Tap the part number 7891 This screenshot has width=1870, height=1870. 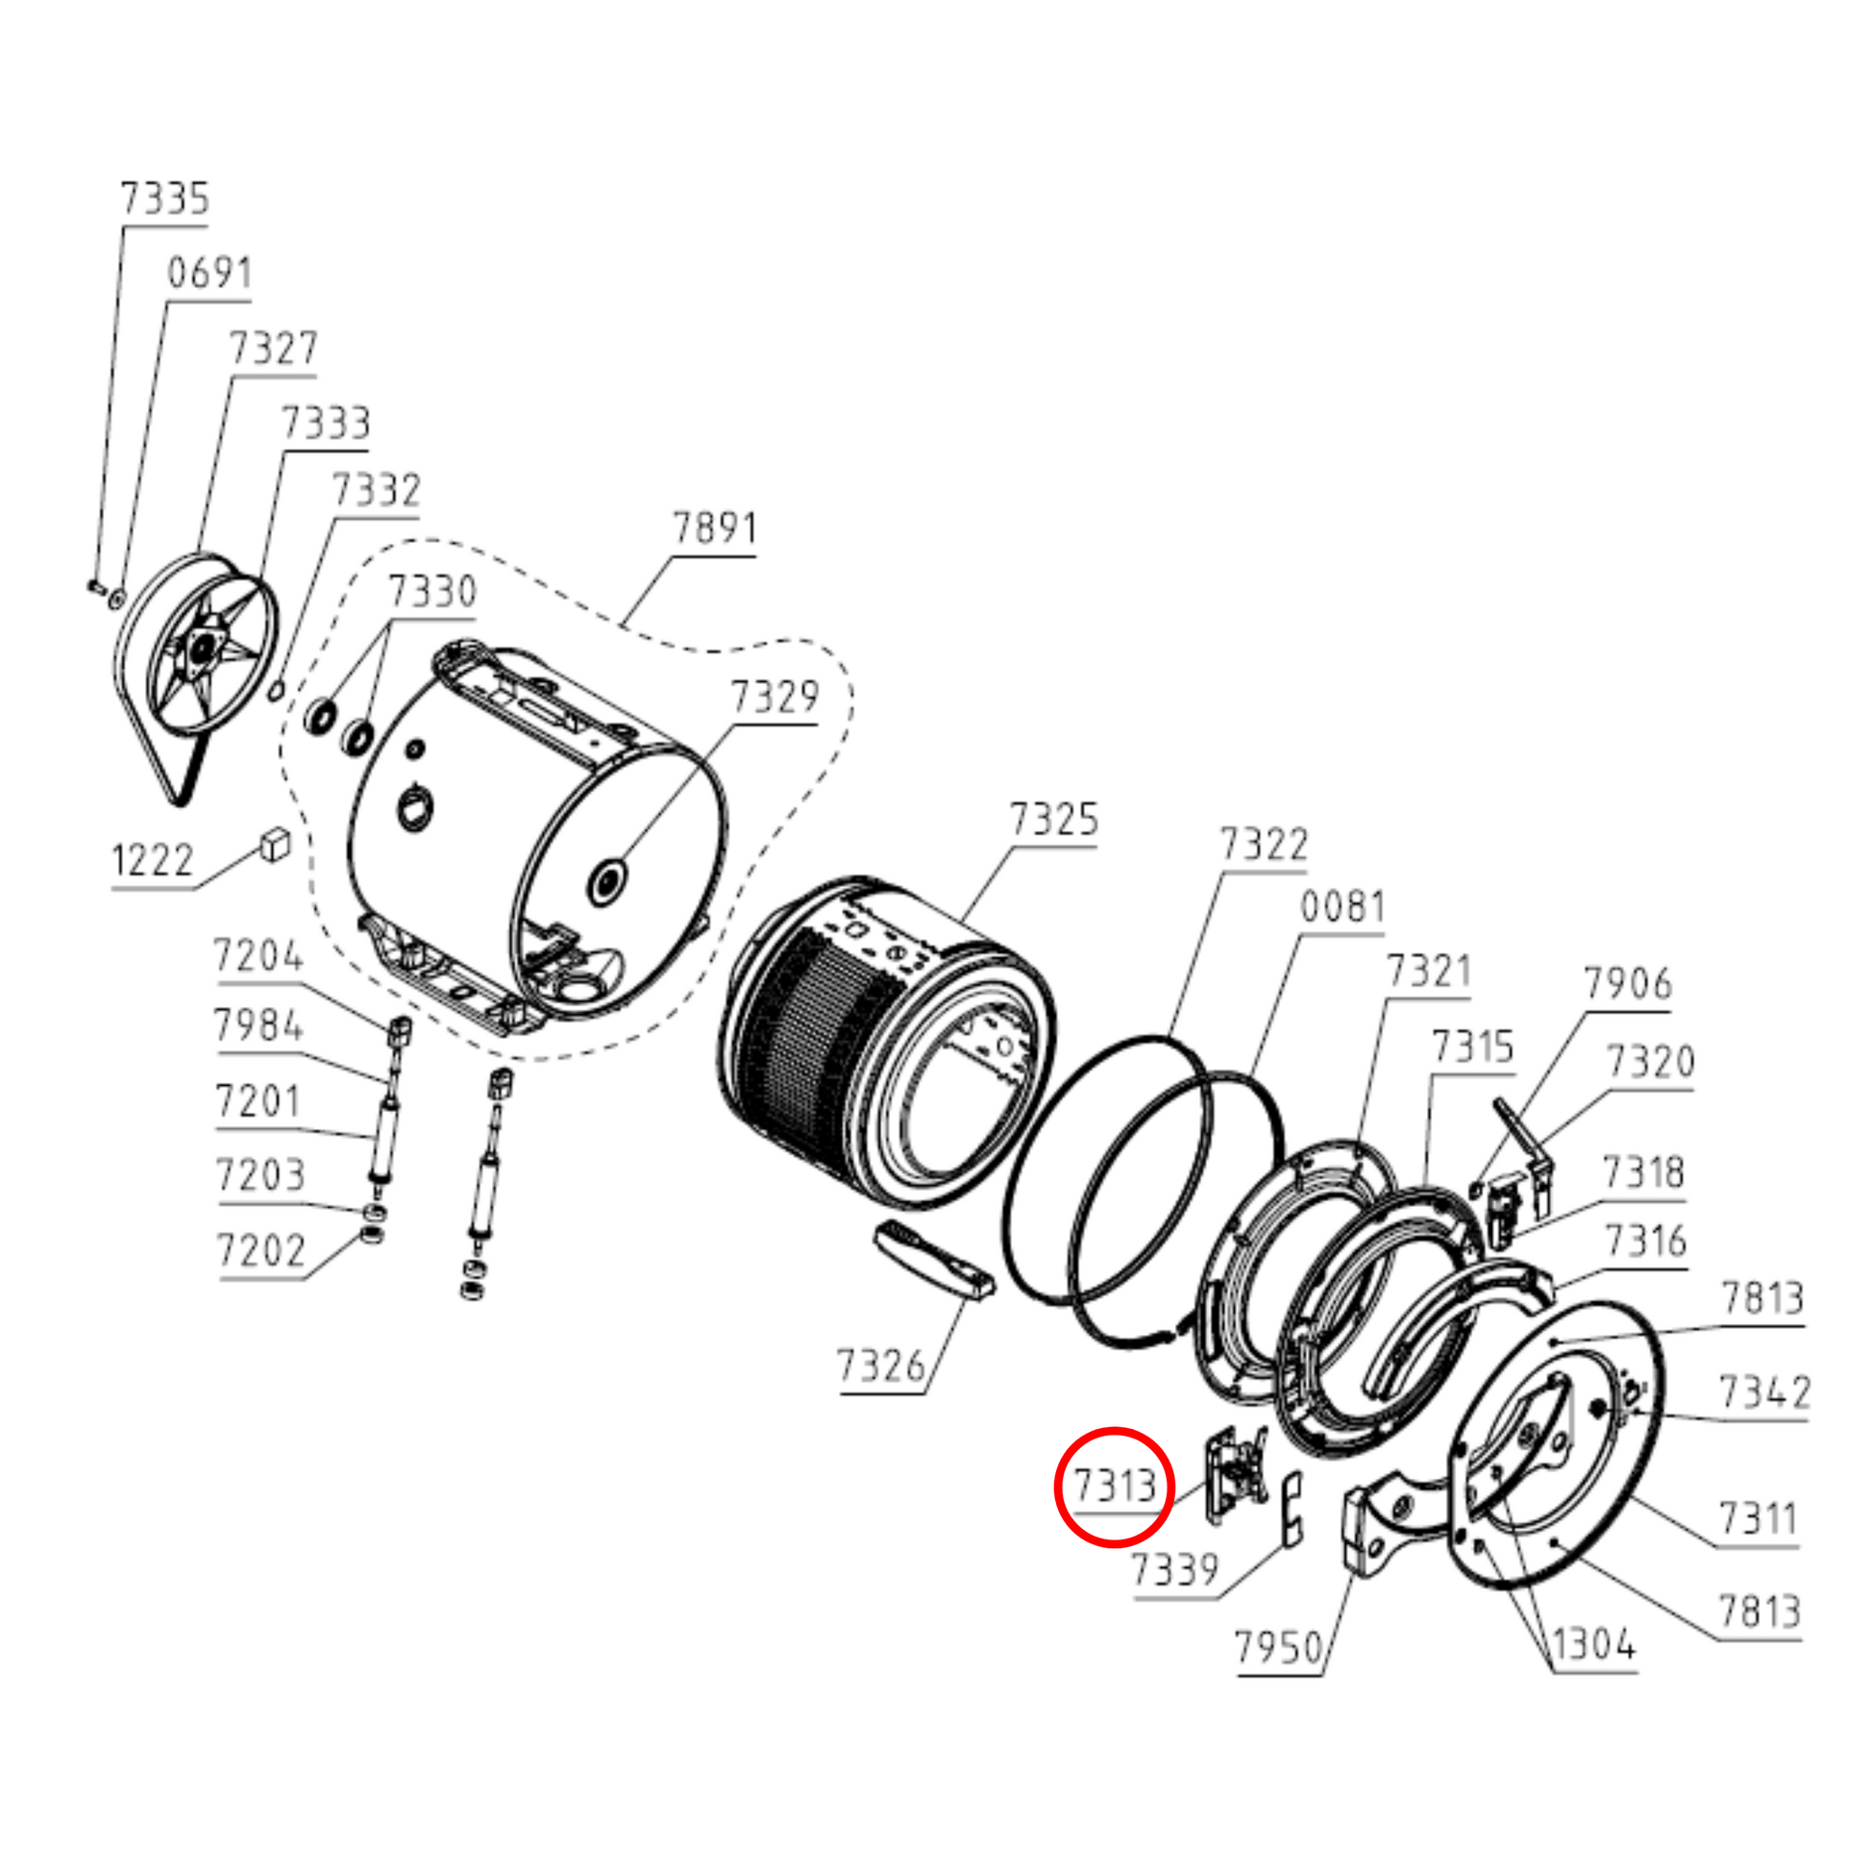[x=715, y=529]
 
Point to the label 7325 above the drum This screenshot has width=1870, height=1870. [x=1054, y=820]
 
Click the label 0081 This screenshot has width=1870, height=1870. [x=1342, y=907]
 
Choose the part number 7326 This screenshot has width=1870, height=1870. [x=881, y=1366]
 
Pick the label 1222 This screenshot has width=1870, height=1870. [x=153, y=860]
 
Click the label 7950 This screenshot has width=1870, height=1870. [x=1279, y=1646]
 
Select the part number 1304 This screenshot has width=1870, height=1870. [x=1594, y=1643]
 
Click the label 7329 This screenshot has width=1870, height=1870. [x=775, y=697]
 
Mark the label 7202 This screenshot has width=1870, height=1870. [x=260, y=1251]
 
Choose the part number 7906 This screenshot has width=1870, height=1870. [x=1628, y=984]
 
